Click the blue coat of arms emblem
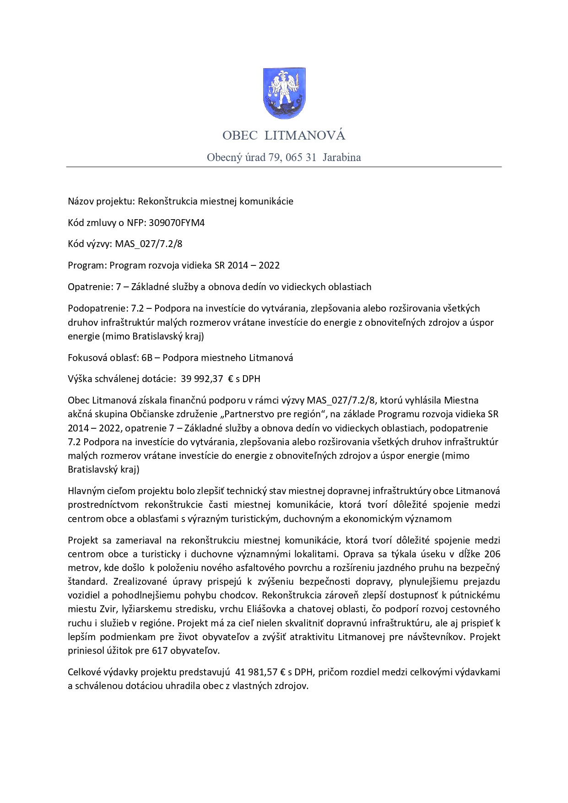[x=284, y=93]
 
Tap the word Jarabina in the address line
[x=341, y=157]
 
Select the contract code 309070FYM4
[x=177, y=223]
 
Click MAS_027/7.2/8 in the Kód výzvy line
[x=149, y=244]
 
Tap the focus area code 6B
[x=147, y=358]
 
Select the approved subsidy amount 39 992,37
[x=202, y=379]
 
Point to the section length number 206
[x=492, y=554]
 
